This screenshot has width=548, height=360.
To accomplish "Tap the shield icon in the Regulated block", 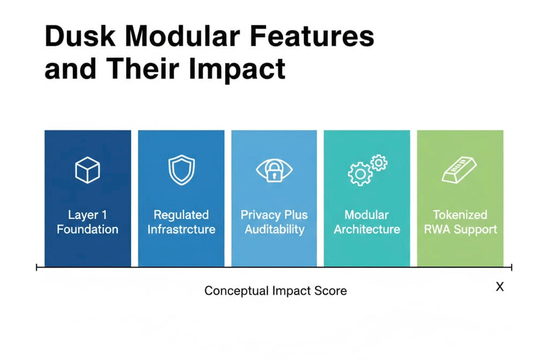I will (x=181, y=169).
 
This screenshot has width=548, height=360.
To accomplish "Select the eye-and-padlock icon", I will (x=273, y=170).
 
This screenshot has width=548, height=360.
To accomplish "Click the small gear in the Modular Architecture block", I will (x=378, y=162).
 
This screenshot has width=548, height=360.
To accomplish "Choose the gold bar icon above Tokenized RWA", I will (x=459, y=170).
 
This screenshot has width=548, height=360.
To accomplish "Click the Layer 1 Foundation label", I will (x=87, y=222).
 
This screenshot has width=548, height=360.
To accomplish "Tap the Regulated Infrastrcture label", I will (x=181, y=222).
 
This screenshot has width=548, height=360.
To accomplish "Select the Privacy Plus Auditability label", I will (x=274, y=222).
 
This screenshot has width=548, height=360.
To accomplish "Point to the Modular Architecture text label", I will (x=367, y=222).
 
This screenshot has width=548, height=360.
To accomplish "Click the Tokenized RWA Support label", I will (x=460, y=222).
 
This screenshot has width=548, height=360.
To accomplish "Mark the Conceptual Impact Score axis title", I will (x=275, y=291).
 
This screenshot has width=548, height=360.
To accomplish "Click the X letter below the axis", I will (x=500, y=287).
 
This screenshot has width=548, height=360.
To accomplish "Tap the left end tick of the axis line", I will (x=37, y=267).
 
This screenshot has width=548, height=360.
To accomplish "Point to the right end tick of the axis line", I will (x=512, y=267).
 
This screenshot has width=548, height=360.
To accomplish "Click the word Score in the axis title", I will (x=331, y=291).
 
